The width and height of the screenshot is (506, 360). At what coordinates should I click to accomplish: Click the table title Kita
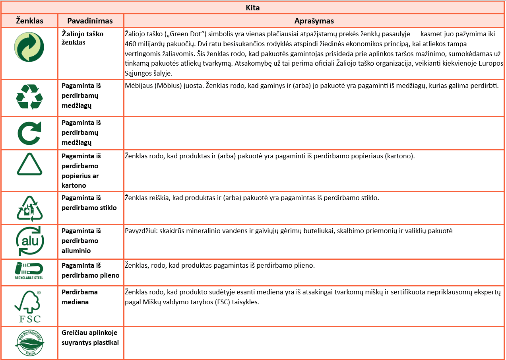[253, 8]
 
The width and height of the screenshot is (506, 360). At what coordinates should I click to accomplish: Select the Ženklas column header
[29, 21]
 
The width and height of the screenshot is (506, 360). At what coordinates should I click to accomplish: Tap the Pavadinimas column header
[90, 21]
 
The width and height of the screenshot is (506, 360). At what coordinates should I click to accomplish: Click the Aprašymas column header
[314, 21]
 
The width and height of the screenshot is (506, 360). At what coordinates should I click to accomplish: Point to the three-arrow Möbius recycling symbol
[29, 97]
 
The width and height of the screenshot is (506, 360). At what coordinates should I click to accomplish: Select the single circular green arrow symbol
[29, 133]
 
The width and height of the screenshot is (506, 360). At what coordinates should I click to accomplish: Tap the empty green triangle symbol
[29, 164]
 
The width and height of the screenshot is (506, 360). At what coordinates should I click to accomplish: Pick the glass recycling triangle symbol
[29, 208]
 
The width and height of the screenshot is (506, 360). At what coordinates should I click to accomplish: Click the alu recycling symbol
[29, 241]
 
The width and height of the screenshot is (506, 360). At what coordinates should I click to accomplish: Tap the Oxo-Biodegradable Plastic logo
[30, 343]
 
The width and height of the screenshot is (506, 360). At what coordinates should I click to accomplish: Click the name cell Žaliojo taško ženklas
[82, 38]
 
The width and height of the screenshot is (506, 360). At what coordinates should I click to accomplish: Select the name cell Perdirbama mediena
[80, 297]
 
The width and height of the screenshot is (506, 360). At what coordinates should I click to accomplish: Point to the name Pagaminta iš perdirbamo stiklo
[89, 202]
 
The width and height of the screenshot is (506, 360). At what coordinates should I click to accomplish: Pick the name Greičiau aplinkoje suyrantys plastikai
[90, 337]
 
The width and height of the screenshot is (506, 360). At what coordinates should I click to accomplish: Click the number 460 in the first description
[130, 43]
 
